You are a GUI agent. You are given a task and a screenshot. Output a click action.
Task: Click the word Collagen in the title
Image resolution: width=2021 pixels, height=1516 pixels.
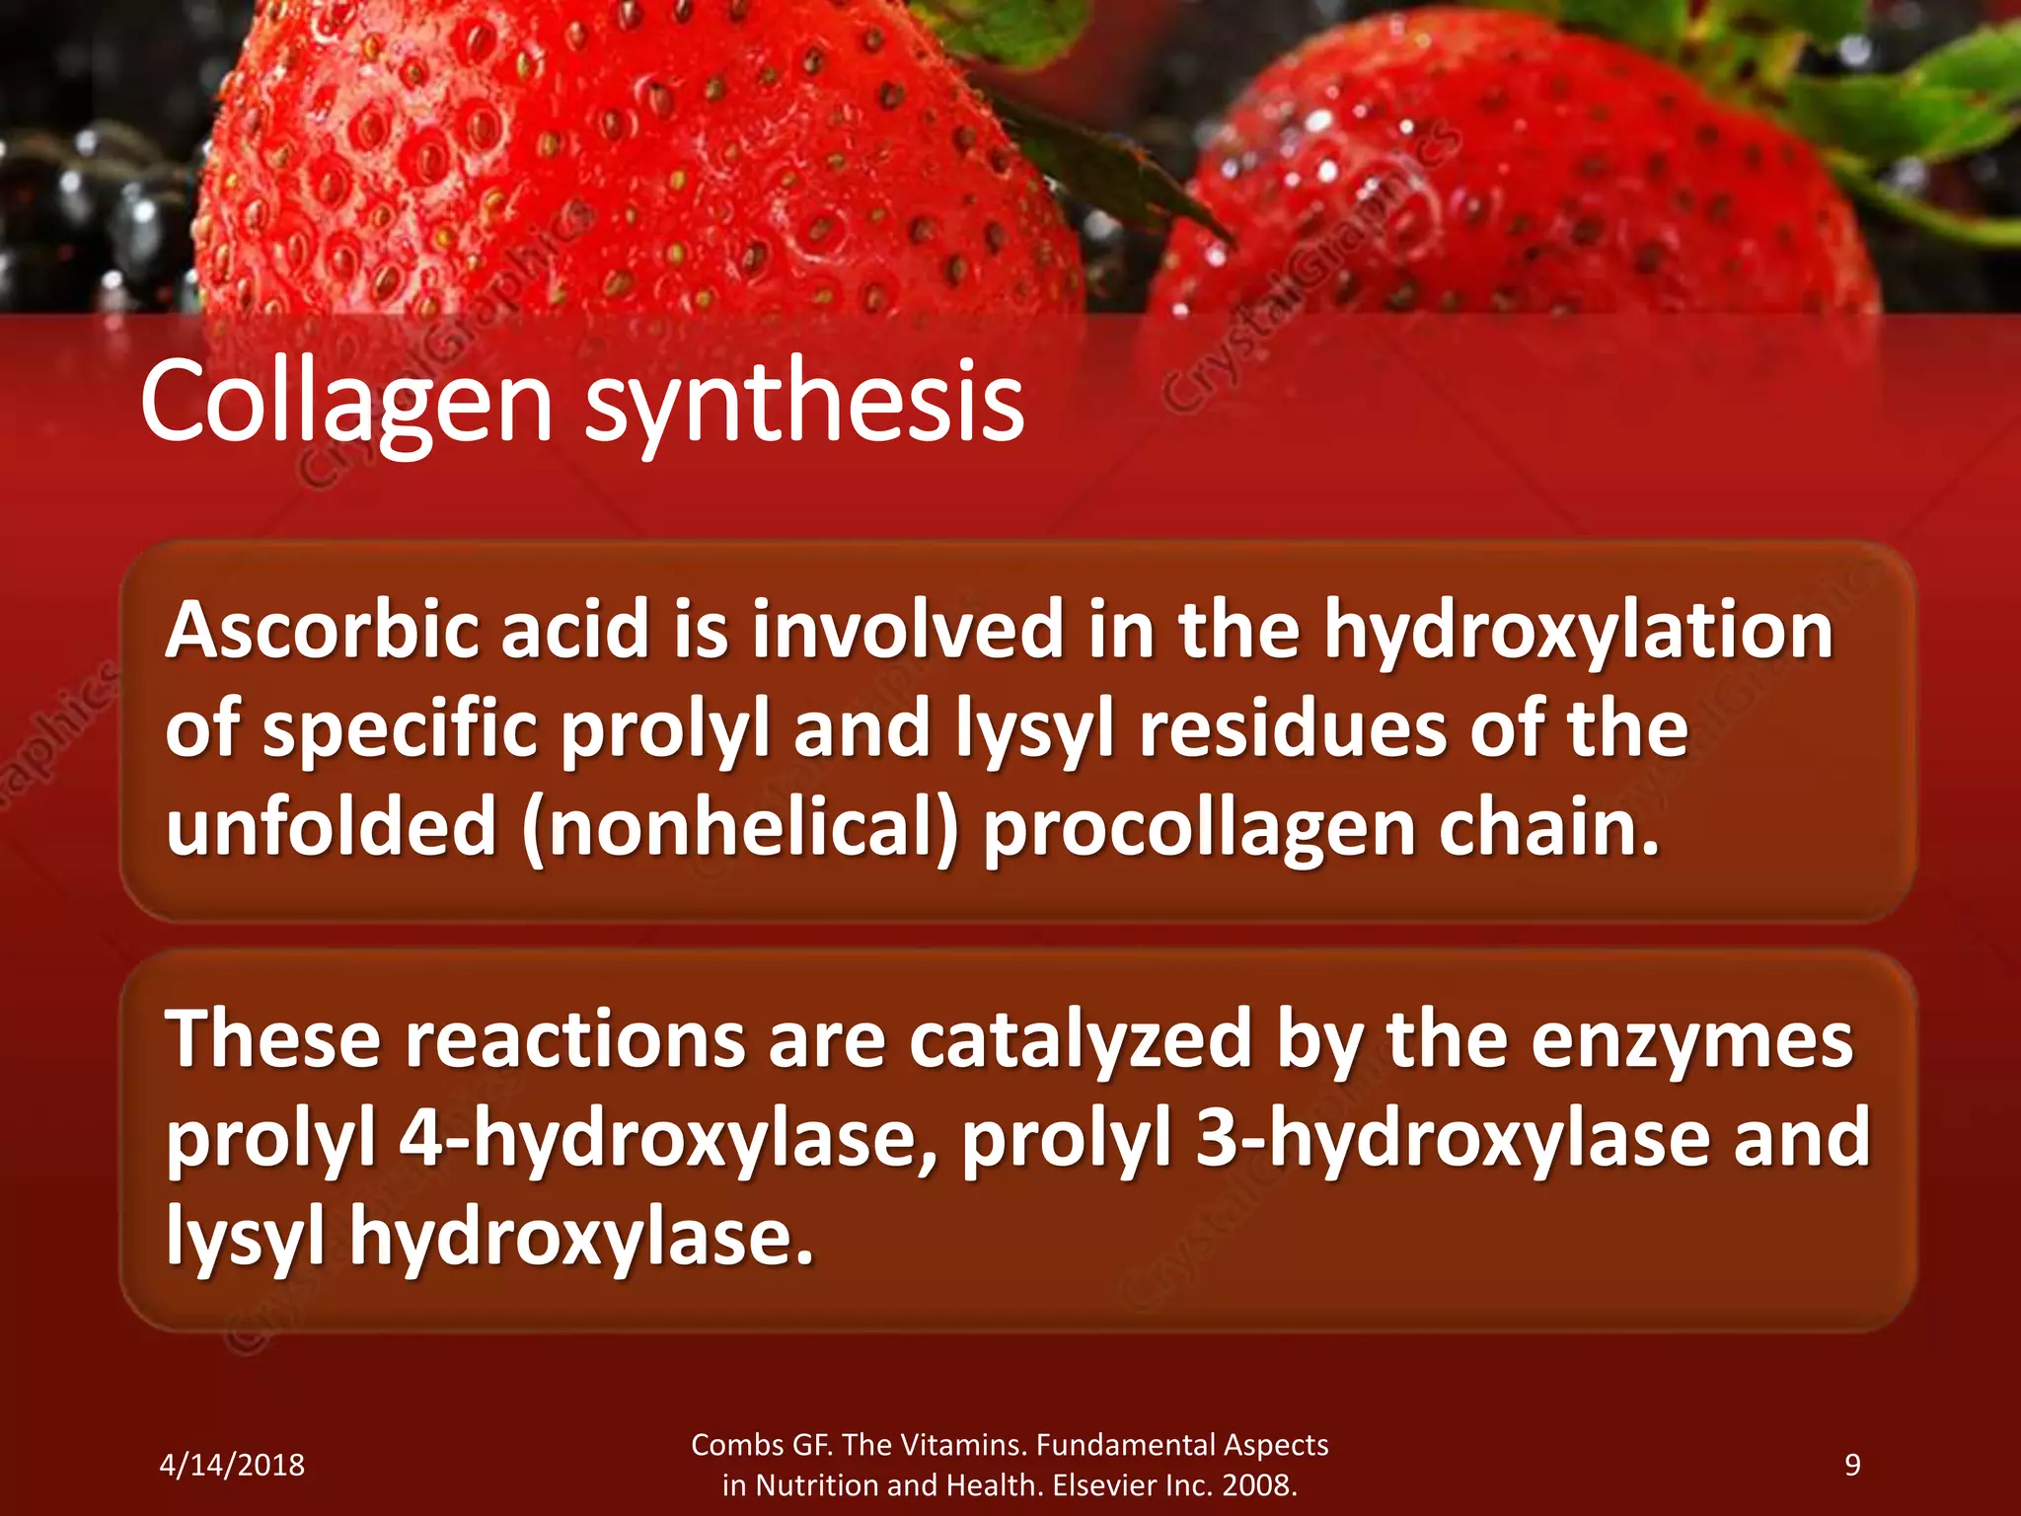345,403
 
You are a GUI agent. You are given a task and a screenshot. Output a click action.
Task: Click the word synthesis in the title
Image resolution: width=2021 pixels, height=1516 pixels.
804,403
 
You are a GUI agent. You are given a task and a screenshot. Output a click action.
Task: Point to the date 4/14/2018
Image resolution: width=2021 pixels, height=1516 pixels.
232,1465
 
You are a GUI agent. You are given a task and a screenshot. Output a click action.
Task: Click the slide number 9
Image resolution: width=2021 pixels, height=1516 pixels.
1852,1465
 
